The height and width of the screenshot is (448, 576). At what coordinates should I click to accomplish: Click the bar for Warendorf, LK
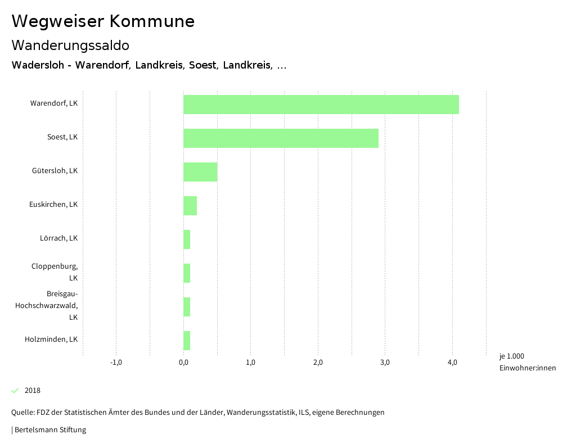pyautogui.click(x=321, y=105)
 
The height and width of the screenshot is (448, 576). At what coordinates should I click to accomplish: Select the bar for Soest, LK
pyautogui.click(x=281, y=138)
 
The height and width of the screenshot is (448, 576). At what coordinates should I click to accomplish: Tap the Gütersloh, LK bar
pyautogui.click(x=200, y=172)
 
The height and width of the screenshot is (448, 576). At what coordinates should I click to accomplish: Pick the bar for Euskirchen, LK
pyautogui.click(x=190, y=206)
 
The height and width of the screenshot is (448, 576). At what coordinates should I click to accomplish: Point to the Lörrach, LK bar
pyautogui.click(x=187, y=239)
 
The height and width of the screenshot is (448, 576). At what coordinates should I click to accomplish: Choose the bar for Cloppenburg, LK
pyautogui.click(x=187, y=273)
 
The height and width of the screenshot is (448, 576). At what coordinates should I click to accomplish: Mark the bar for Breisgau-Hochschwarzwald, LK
pyautogui.click(x=187, y=307)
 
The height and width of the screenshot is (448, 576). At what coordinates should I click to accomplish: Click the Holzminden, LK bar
pyautogui.click(x=187, y=341)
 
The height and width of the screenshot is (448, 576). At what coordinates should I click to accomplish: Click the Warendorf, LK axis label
pyautogui.click(x=54, y=103)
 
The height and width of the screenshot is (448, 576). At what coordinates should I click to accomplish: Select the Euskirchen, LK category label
pyautogui.click(x=53, y=205)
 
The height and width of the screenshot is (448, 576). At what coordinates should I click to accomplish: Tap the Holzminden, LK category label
pyautogui.click(x=51, y=340)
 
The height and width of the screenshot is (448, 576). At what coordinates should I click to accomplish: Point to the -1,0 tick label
pyautogui.click(x=116, y=363)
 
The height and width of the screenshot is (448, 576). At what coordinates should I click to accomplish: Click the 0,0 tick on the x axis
pyautogui.click(x=183, y=363)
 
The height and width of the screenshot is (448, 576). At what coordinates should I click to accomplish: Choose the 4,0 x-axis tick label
pyautogui.click(x=452, y=363)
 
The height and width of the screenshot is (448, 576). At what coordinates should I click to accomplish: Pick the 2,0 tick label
pyautogui.click(x=318, y=363)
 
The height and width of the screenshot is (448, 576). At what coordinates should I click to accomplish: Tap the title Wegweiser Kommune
pyautogui.click(x=103, y=21)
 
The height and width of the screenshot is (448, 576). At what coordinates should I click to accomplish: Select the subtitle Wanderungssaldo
pyautogui.click(x=70, y=45)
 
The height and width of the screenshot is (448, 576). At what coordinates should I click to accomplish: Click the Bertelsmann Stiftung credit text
pyautogui.click(x=49, y=430)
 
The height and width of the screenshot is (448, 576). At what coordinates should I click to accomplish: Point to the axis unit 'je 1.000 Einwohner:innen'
pyautogui.click(x=527, y=362)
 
